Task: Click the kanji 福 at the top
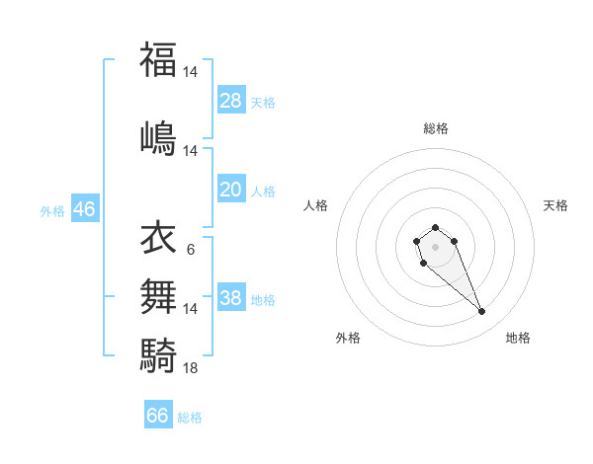click(x=158, y=59)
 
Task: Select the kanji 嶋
click(x=158, y=136)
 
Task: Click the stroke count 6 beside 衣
click(x=190, y=250)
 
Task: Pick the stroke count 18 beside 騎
click(x=191, y=367)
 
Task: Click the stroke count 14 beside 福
click(x=191, y=72)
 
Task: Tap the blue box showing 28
click(x=231, y=100)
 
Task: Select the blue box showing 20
click(x=231, y=190)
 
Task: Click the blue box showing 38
click(x=231, y=298)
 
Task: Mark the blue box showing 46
click(x=84, y=209)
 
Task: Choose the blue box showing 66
click(x=158, y=416)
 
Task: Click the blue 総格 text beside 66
click(x=191, y=418)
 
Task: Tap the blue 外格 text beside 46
click(x=52, y=210)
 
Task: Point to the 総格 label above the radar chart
click(x=435, y=128)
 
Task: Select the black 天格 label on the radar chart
click(x=555, y=205)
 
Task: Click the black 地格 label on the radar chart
click(x=518, y=338)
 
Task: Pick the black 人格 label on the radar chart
click(x=315, y=205)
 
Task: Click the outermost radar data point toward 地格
click(x=482, y=312)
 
